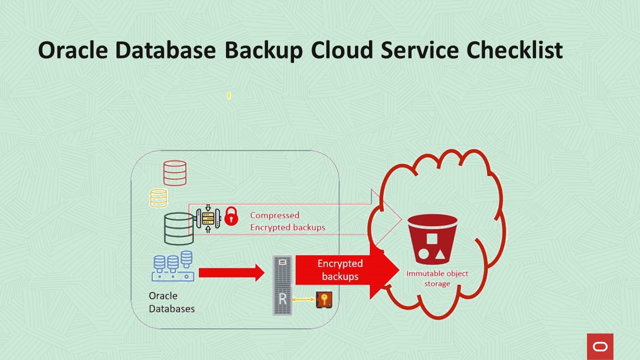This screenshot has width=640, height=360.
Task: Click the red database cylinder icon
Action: click(174, 173)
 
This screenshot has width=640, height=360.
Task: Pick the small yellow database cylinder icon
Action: click(158, 198)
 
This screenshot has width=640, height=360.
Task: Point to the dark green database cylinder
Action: click(178, 228)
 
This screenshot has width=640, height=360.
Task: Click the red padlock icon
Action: click(231, 217)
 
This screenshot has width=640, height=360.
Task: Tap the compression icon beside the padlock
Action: click(208, 218)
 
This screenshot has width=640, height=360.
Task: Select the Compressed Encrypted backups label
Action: click(287, 221)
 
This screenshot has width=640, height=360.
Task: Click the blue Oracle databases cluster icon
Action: click(173, 266)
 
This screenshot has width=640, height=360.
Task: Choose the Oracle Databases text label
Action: click(171, 302)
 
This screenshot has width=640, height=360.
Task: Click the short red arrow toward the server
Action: click(231, 272)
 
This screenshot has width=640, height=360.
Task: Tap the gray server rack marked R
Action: click(282, 285)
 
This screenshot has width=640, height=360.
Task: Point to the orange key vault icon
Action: click(324, 300)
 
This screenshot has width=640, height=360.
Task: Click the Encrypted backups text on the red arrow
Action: click(340, 270)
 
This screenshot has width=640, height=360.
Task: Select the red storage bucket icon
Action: click(432, 239)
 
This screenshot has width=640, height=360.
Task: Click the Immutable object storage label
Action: click(437, 278)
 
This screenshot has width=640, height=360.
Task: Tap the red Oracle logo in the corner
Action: click(600, 346)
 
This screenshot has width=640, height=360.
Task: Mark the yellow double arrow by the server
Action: click(303, 299)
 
